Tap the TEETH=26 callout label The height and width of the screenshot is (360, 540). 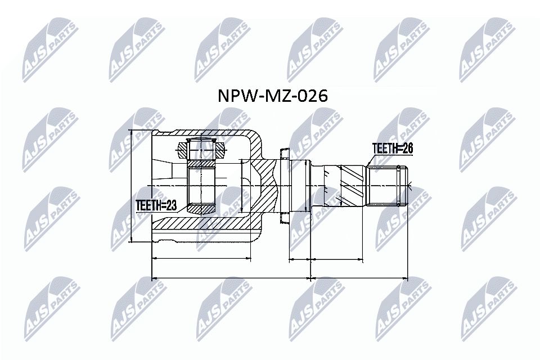(x=392, y=148)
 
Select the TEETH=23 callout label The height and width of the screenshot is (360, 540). (x=156, y=206)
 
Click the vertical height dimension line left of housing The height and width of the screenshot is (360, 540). (x=131, y=186)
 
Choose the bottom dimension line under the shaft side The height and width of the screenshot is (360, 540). (x=359, y=278)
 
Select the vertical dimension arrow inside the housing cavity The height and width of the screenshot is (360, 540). (x=241, y=186)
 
